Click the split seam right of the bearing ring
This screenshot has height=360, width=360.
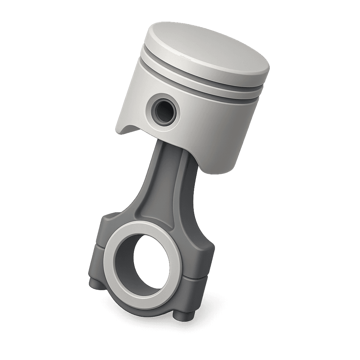pyautogui.click(x=196, y=278)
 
